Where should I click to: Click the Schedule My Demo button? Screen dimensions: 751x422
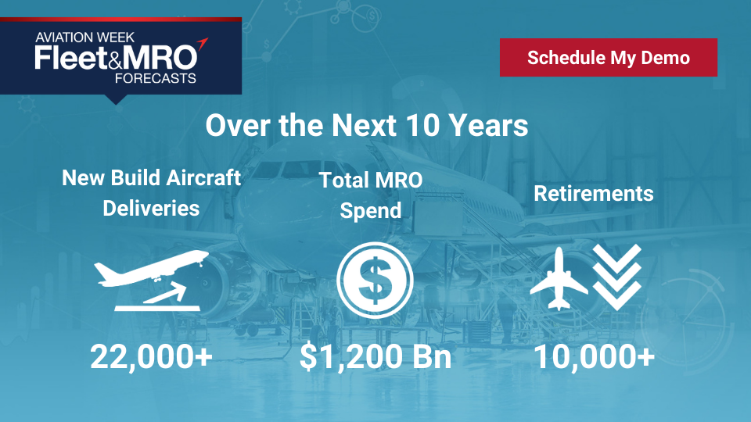[x=609, y=57]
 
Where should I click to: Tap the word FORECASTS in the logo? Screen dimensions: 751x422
[x=156, y=78]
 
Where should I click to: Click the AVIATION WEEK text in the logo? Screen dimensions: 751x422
[x=84, y=38]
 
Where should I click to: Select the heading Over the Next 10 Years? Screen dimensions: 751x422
[x=367, y=125]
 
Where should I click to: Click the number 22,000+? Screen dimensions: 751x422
[x=151, y=357]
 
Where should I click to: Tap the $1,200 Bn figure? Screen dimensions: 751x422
[x=375, y=357]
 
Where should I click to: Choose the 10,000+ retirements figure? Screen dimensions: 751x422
[x=594, y=357]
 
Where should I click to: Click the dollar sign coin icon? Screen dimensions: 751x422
[x=375, y=281]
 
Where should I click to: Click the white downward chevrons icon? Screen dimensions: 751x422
[x=617, y=277]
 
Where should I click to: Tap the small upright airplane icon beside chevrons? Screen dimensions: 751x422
[x=559, y=279]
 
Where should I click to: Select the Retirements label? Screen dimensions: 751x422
[x=594, y=194]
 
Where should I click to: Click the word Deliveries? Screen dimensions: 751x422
[x=151, y=209]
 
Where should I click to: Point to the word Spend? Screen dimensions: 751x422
[x=371, y=211]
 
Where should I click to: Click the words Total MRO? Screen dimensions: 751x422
[x=371, y=181]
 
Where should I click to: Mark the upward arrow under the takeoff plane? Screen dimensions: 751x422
[x=165, y=291]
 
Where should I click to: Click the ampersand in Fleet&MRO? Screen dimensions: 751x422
[x=116, y=59]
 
